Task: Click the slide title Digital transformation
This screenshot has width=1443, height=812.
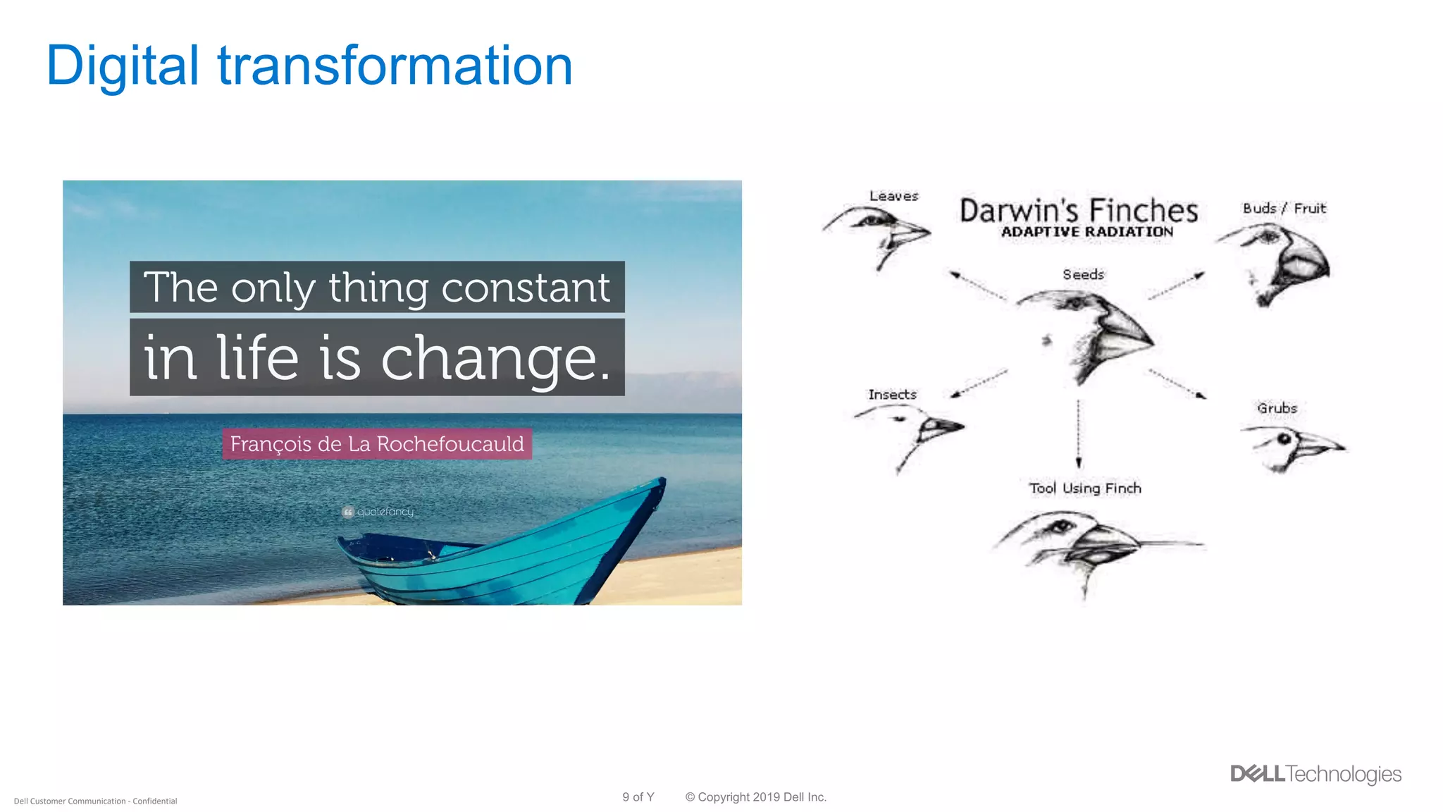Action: coord(309,66)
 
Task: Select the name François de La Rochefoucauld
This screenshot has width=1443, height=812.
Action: coord(377,444)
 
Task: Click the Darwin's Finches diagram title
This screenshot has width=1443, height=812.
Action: coord(1078,211)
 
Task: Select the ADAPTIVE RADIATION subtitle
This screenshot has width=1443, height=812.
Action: coord(1087,232)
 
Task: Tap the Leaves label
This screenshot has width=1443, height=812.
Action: coord(893,196)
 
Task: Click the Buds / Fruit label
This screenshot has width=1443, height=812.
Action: coord(1284,208)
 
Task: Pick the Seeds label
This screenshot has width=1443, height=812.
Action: coord(1083,274)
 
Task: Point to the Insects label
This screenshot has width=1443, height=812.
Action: coord(892,395)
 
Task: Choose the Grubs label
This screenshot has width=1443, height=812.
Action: coord(1277,408)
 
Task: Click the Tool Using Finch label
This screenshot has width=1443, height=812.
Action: coord(1084,488)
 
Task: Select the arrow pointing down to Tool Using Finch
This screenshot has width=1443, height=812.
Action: coord(1079,433)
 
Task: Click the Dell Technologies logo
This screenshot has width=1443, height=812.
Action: coord(1315,774)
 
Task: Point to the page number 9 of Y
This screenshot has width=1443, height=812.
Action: coord(638,797)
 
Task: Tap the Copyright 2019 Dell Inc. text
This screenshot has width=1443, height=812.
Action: coord(755,797)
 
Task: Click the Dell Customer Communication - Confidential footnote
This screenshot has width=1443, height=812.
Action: coord(96,801)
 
